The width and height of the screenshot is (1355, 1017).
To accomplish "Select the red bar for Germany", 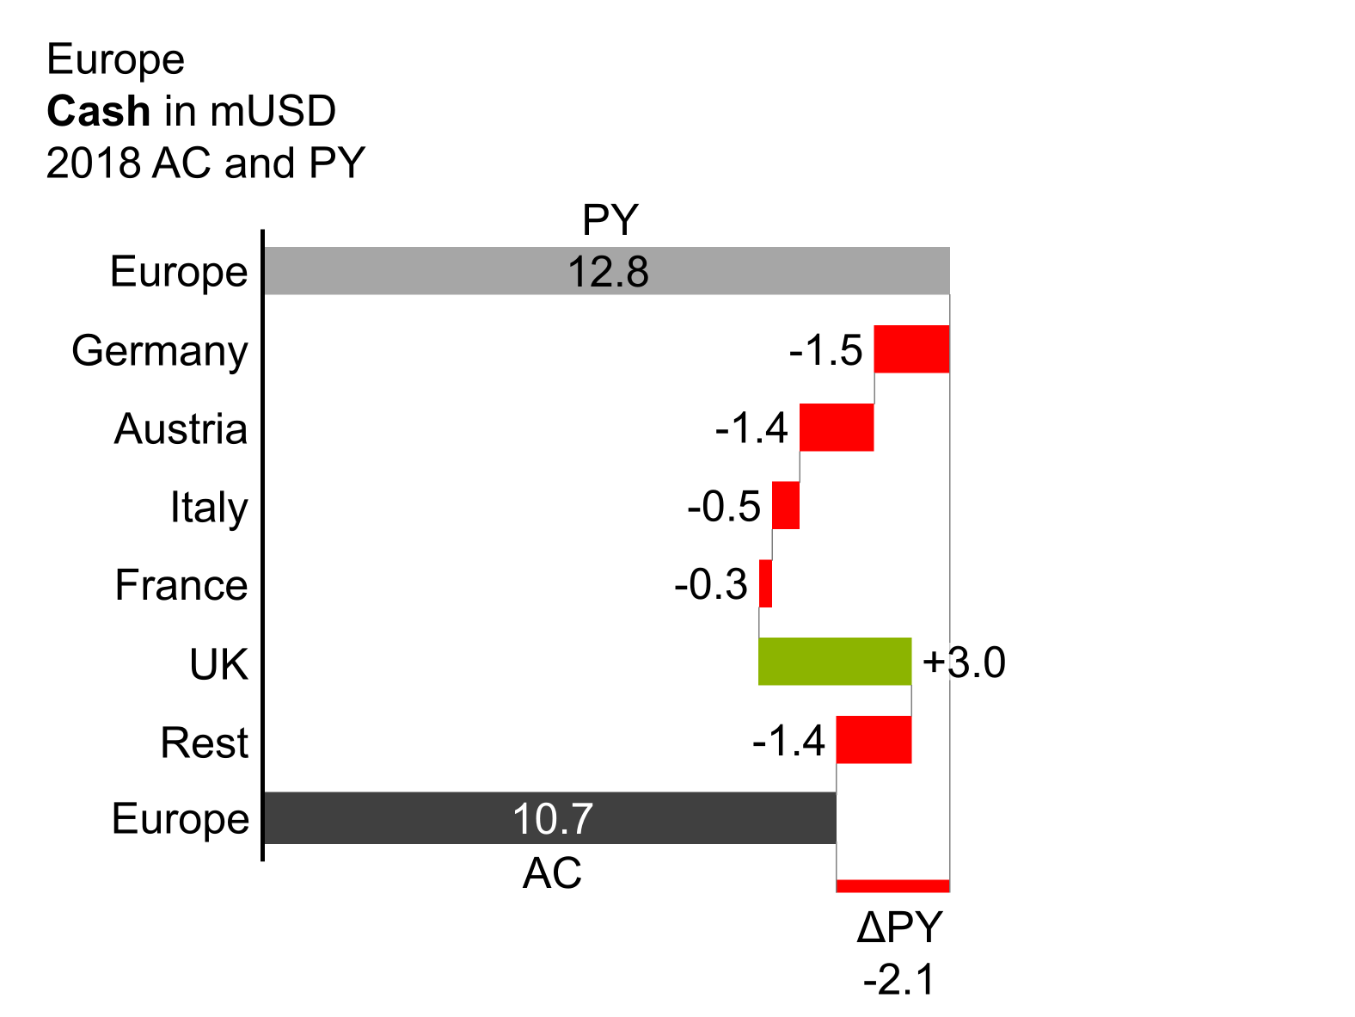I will click(x=911, y=349).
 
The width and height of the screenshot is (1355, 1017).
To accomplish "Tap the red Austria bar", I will click(x=837, y=428).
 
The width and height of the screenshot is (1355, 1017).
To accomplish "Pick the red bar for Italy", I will click(x=786, y=506).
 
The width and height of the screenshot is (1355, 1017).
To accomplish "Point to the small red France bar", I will click(x=765, y=584).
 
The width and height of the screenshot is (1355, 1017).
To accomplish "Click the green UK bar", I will click(x=834, y=662).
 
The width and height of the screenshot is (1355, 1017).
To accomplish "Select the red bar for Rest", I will click(x=874, y=740).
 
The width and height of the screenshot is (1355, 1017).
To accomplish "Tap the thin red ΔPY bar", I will click(x=892, y=886).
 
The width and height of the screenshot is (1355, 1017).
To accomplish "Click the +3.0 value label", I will click(x=964, y=663).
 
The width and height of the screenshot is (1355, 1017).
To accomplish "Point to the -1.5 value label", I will click(x=825, y=351).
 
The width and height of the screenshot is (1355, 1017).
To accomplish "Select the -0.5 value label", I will click(x=724, y=507).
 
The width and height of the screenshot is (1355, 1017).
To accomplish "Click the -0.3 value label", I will click(x=711, y=585).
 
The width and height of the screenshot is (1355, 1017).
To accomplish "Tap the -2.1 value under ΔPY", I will click(x=899, y=980).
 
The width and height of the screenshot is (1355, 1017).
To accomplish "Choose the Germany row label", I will click(x=160, y=351).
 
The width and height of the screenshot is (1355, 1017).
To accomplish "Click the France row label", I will click(x=181, y=586).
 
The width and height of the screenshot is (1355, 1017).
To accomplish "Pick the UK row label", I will click(x=218, y=664).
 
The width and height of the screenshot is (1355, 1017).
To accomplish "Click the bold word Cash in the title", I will click(x=99, y=111).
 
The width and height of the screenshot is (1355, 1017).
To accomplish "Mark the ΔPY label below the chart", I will click(x=899, y=928).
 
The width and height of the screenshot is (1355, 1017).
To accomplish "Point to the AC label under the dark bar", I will click(x=552, y=874).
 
